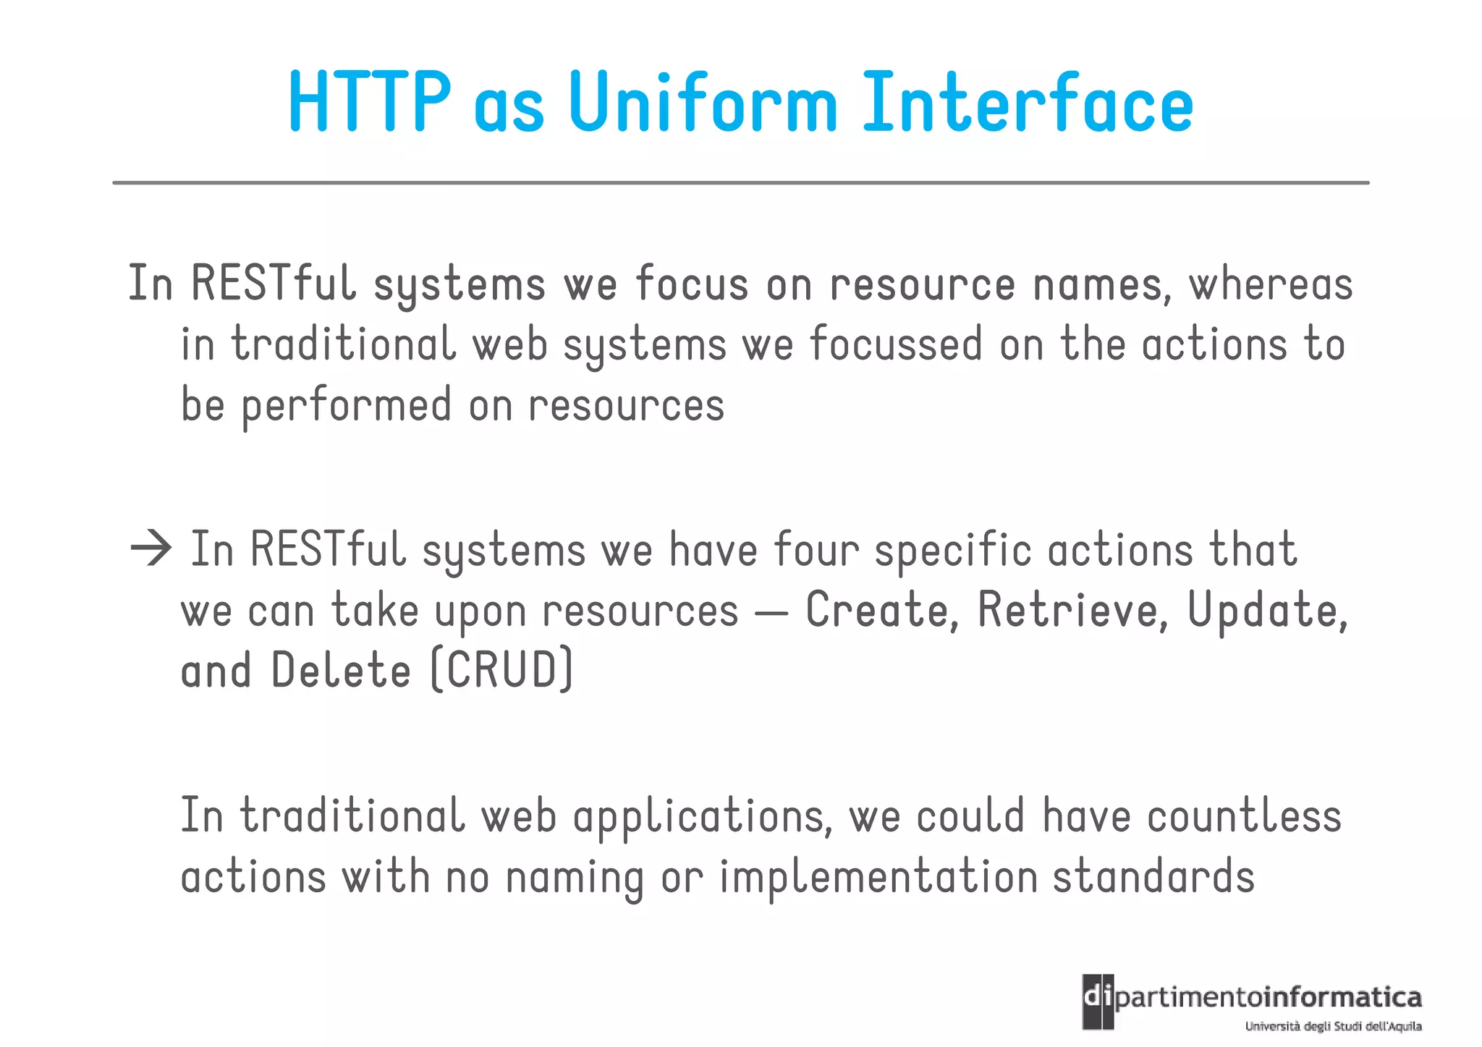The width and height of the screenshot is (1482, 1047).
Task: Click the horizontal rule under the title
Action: point(740,183)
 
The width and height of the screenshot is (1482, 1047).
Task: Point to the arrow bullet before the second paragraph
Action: point(151,549)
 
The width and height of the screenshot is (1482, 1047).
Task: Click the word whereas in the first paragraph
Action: point(1271,284)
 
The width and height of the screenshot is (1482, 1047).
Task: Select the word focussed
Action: point(896,344)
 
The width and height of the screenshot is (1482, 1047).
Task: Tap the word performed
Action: point(346,405)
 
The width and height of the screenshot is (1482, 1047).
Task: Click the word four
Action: point(816,550)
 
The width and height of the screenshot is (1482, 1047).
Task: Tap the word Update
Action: point(1266,611)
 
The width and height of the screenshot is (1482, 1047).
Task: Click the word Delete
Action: point(341,671)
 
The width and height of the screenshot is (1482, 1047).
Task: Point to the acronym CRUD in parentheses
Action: point(501,671)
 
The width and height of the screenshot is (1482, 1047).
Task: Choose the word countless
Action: point(1244,816)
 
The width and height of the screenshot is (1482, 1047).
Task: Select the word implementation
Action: point(878,878)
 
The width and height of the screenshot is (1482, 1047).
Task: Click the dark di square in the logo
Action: point(1098,1001)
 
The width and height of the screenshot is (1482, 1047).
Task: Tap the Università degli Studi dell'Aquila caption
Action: point(1333,1026)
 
